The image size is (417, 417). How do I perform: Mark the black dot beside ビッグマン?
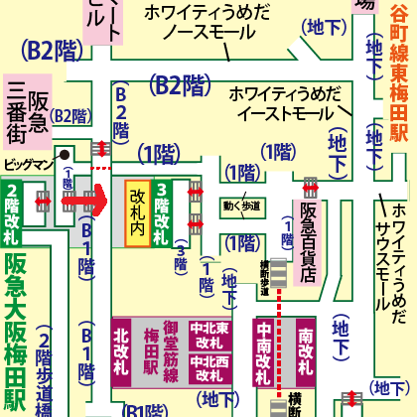(x=62, y=154)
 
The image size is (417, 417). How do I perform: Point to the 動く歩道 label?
(x=240, y=207)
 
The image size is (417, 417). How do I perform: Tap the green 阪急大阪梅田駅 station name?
(x=15, y=347)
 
